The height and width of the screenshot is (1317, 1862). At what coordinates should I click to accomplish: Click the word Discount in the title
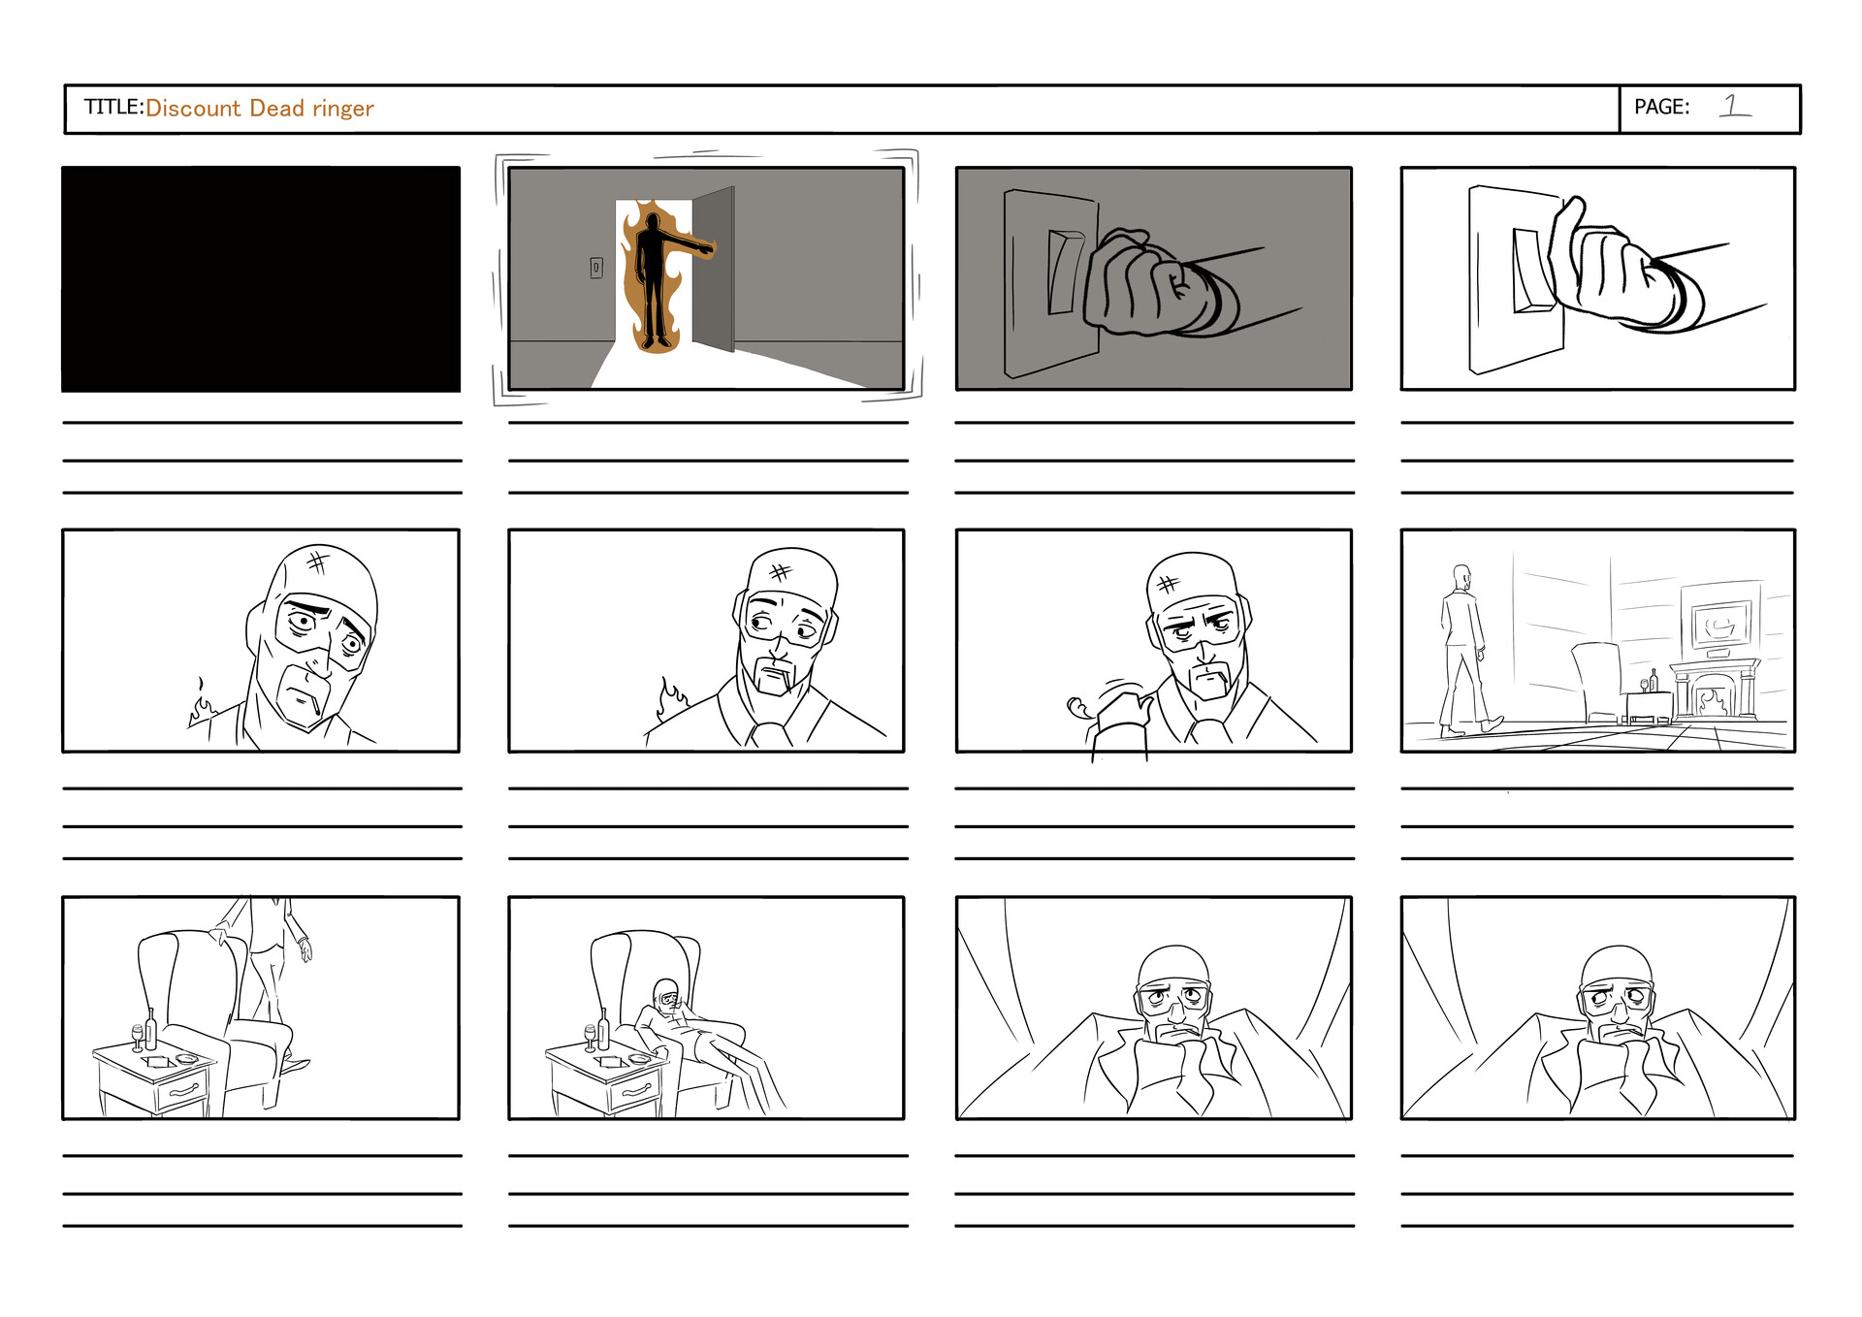192,108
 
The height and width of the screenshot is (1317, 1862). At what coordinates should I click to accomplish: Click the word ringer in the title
342,109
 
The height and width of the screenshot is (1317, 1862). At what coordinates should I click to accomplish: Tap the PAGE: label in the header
1661,107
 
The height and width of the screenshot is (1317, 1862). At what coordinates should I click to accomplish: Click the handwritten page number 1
1733,105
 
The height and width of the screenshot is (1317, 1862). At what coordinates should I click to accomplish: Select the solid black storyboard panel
261,279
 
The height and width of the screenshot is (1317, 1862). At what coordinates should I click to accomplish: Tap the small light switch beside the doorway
596,267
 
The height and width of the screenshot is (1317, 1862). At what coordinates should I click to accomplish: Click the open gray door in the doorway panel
714,268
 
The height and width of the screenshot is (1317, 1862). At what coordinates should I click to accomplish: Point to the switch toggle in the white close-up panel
1530,271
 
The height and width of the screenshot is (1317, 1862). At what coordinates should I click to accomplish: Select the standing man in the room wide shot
1462,650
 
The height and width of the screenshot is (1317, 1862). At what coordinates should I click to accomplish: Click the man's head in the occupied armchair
667,994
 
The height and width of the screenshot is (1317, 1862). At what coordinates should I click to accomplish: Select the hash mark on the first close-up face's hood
316,561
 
